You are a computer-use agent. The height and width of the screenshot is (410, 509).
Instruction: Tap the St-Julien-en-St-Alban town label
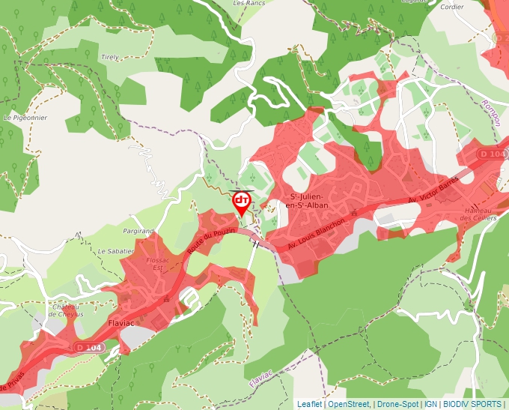point(310,202)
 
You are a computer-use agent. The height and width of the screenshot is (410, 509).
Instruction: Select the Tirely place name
point(110,57)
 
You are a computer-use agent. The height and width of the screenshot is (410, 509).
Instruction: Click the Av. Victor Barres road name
point(432,192)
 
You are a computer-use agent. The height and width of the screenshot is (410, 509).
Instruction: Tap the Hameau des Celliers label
point(479,214)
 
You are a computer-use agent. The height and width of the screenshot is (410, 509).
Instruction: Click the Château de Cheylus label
point(67,311)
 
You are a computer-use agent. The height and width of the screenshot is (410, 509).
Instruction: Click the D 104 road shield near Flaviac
point(90,348)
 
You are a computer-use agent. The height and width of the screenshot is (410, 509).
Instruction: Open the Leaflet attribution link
point(309,404)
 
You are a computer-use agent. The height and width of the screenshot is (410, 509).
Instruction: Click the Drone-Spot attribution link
point(397,404)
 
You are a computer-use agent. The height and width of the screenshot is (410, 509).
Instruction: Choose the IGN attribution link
point(431,404)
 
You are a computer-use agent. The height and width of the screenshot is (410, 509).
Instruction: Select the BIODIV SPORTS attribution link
point(473,404)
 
